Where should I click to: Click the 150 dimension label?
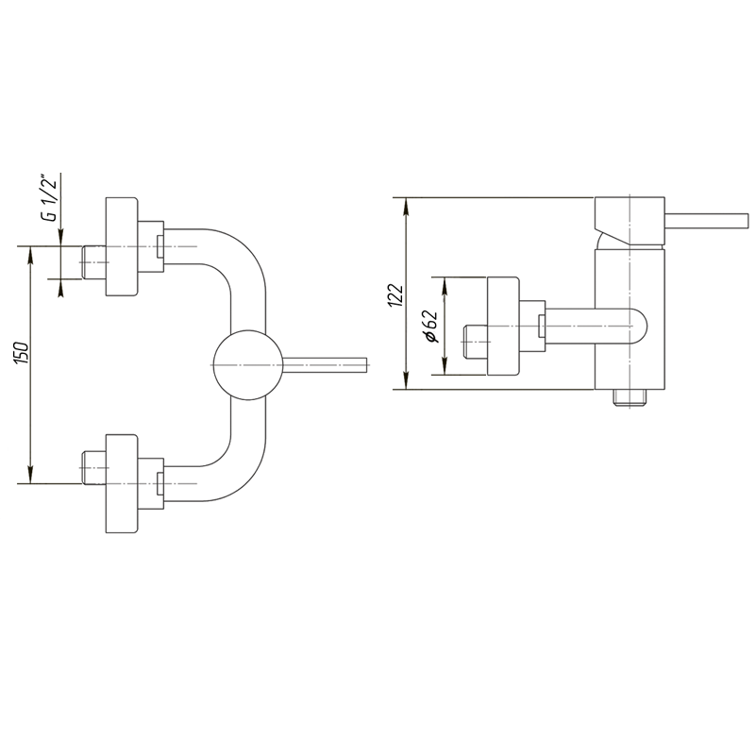[x=22, y=353]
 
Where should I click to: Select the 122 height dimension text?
[x=394, y=294]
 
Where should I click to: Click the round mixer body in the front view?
[x=247, y=365]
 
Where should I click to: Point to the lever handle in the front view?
[x=325, y=365]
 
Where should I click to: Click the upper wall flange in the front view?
[x=122, y=246]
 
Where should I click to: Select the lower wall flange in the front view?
[x=122, y=483]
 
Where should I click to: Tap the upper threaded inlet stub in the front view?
[x=93, y=262]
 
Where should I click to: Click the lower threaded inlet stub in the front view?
[x=93, y=468]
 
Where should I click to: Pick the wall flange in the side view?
[x=503, y=326]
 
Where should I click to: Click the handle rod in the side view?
[x=707, y=221]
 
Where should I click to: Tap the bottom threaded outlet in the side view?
[x=630, y=397]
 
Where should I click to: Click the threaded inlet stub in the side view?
[x=476, y=342]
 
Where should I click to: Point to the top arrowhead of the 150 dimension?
[x=31, y=254]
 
